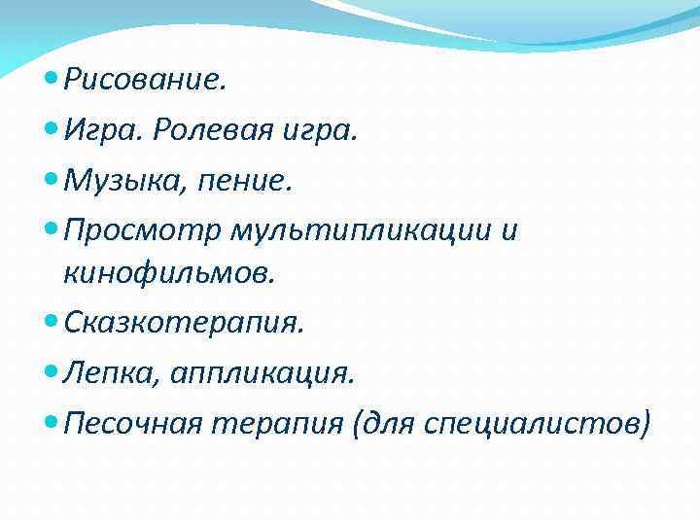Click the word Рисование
pyautogui.click(x=145, y=80)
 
